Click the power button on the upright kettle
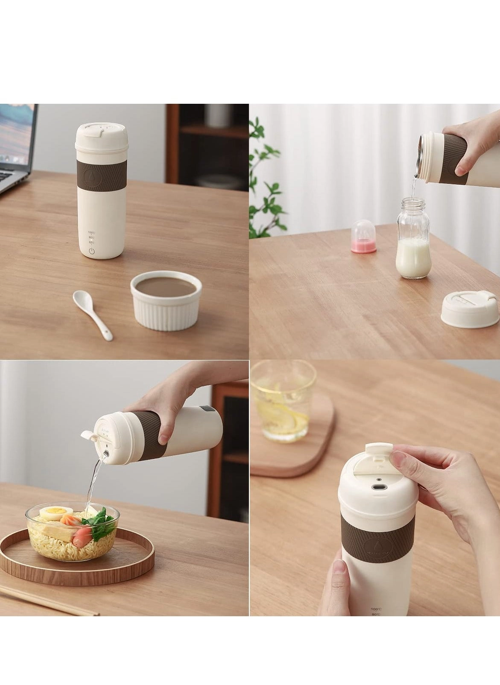[92, 251]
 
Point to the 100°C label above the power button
[92, 232]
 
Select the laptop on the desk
[15, 145]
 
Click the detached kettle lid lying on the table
[470, 308]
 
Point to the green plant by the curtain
[261, 179]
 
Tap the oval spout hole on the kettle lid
[378, 487]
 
